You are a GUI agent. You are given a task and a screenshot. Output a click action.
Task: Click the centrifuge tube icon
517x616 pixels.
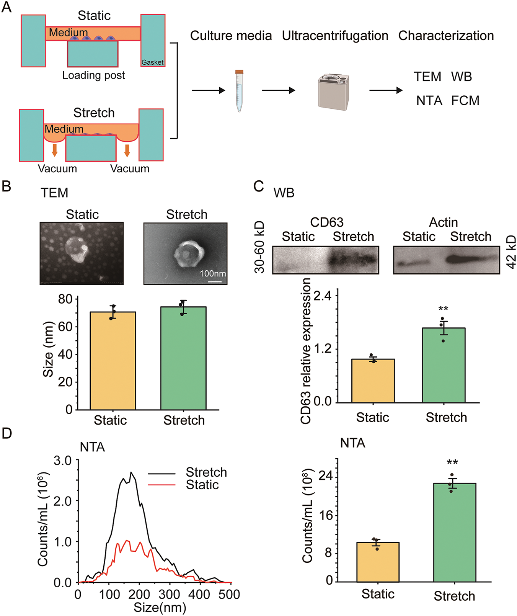(239, 91)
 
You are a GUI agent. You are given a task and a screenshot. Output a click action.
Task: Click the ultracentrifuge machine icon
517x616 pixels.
(333, 92)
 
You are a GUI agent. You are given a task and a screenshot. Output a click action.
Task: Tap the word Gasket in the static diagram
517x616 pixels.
(152, 62)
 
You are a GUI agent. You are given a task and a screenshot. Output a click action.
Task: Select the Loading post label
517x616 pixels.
(94, 75)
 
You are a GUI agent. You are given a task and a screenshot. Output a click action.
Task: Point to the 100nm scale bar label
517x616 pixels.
(213, 274)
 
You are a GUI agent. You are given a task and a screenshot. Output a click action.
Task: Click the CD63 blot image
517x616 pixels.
(326, 260)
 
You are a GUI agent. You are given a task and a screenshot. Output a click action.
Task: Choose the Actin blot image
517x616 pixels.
(446, 260)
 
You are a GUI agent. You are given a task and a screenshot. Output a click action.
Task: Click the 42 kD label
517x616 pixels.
(511, 252)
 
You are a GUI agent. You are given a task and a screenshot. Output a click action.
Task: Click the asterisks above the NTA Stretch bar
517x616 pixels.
(452, 463)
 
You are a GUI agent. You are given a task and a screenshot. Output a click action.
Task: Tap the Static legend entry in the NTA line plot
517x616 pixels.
(202, 485)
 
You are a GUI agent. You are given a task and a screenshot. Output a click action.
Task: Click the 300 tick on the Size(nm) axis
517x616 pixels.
(170, 594)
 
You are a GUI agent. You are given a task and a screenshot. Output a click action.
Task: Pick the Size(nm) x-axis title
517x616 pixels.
(160, 608)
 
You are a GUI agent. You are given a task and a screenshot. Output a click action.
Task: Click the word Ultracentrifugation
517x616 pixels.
(335, 36)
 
